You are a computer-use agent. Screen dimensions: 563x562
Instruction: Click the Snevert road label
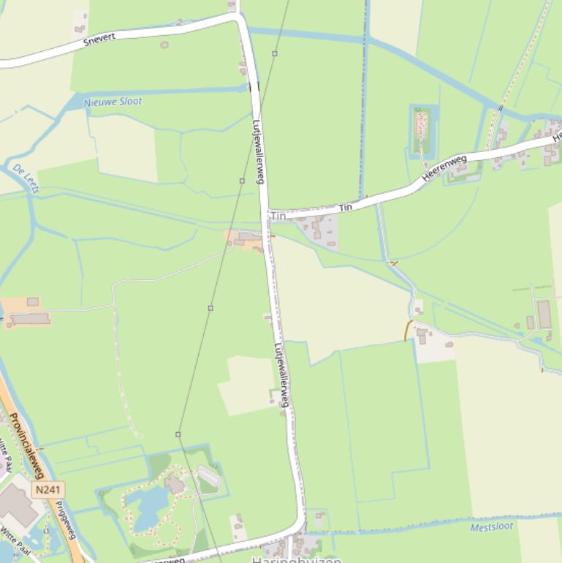tap(99, 39)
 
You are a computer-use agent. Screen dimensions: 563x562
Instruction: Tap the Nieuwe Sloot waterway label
tap(113, 102)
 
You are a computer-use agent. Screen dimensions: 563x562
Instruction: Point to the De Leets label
tap(26, 178)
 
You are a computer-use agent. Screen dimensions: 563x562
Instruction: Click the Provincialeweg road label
tap(27, 446)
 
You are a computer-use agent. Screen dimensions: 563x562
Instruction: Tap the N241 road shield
tap(48, 489)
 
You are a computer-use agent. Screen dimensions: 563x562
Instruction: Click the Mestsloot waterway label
tap(491, 526)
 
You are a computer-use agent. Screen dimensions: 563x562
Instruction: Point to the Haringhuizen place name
tap(296, 559)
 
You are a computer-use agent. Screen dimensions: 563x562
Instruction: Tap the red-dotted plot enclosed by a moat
tap(422, 130)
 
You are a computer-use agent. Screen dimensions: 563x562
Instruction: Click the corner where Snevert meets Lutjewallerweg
tap(239, 17)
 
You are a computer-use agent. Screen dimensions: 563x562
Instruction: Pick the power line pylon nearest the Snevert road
tap(275, 53)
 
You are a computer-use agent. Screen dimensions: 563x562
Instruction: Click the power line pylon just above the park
tap(178, 434)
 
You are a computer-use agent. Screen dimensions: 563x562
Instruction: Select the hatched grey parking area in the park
tap(209, 476)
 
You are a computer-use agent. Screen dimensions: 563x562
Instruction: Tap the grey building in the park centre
tap(174, 483)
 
